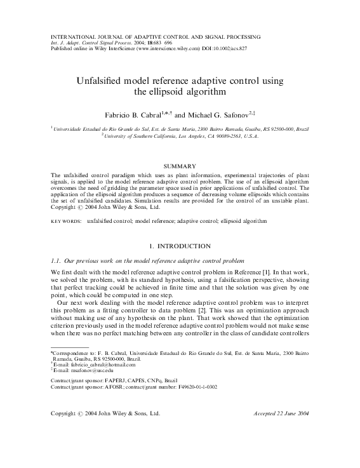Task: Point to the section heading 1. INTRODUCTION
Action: point(180,244)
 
